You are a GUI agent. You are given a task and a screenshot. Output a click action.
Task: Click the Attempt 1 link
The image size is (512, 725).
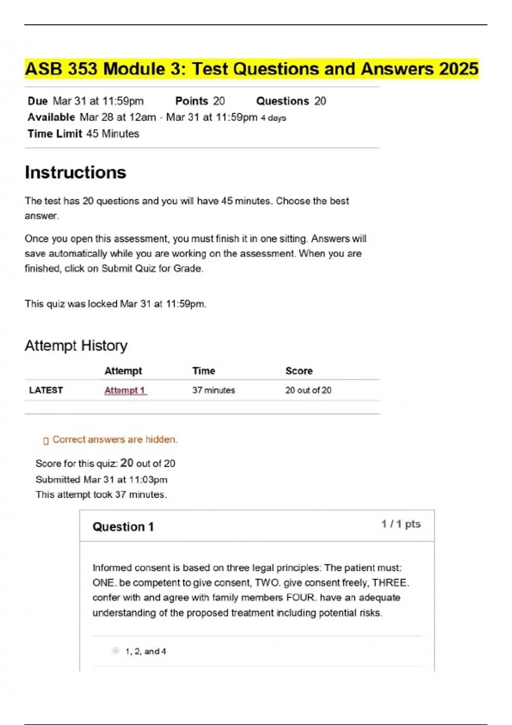point(125,390)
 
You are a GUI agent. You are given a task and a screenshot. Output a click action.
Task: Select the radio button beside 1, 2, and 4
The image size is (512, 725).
point(116,651)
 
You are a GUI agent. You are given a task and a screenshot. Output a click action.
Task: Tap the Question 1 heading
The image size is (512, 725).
point(123,527)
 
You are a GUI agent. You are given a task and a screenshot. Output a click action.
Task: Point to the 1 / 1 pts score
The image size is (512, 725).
point(401,524)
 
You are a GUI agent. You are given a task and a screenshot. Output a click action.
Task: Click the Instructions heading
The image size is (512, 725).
point(76,173)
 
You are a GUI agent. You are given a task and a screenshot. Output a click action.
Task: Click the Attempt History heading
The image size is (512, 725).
point(76,345)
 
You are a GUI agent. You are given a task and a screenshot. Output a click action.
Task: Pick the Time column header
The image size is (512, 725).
point(204,371)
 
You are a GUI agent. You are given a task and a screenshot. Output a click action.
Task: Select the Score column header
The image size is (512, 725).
point(299,371)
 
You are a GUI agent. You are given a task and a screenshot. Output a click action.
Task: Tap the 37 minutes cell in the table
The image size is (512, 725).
point(213,390)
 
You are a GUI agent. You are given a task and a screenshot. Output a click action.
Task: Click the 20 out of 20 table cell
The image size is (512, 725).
point(308,390)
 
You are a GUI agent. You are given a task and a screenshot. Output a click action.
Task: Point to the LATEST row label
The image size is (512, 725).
point(46,390)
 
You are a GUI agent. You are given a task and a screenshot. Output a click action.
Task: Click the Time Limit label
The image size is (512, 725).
point(55,134)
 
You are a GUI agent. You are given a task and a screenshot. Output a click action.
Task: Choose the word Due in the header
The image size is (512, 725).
point(38,101)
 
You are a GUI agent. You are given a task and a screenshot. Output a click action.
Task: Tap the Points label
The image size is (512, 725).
point(192,101)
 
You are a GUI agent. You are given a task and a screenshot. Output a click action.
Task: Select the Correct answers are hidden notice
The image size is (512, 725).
point(115,440)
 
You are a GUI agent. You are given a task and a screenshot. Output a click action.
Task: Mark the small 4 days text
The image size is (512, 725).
point(273,118)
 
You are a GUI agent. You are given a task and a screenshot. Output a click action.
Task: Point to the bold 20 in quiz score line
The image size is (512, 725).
point(127,463)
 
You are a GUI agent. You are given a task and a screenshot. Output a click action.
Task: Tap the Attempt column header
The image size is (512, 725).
point(123,371)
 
